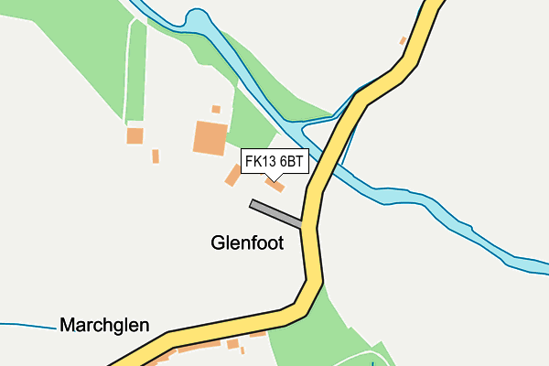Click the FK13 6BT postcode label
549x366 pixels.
[274, 161]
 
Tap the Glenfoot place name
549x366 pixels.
[247, 243]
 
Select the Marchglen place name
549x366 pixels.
[103, 325]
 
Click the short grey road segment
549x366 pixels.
[275, 214]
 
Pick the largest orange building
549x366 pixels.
[210, 137]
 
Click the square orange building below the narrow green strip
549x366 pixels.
[135, 135]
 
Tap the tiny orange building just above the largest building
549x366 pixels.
[216, 109]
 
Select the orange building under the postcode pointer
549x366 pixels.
[274, 186]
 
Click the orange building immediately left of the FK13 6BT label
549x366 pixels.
[232, 175]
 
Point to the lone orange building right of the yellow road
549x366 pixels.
[403, 40]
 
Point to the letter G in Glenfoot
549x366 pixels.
[218, 243]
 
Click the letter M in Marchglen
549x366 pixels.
[68, 325]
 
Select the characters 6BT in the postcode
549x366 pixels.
[291, 161]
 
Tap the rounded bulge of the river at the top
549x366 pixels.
[196, 18]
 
